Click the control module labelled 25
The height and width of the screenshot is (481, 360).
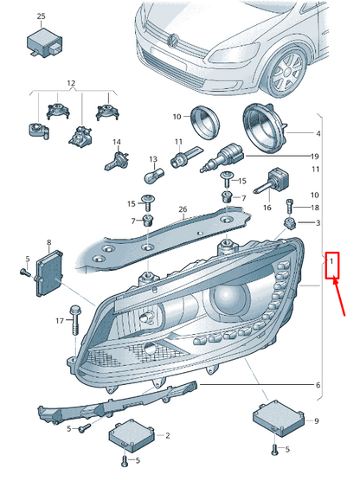pyautogui.click(x=44, y=42)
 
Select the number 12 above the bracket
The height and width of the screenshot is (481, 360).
pyautogui.click(x=71, y=83)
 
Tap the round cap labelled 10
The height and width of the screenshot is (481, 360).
pyautogui.click(x=204, y=122)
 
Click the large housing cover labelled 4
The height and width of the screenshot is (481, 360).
pyautogui.click(x=266, y=128)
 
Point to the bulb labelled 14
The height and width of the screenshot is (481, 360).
pyautogui.click(x=116, y=160)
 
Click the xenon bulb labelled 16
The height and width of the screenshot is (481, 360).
pyautogui.click(x=271, y=180)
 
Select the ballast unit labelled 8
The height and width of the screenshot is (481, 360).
pyautogui.click(x=49, y=273)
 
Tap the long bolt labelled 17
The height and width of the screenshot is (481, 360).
pyautogui.click(x=75, y=320)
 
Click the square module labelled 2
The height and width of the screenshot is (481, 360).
pyautogui.click(x=131, y=436)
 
